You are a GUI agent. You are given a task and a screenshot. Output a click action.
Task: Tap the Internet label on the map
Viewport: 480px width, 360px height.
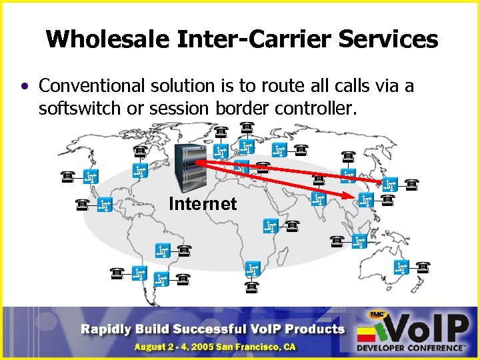[203, 203]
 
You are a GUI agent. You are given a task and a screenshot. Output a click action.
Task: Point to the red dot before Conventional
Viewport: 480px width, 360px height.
[25, 87]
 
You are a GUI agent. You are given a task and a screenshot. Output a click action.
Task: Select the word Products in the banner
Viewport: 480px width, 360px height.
[312, 329]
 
